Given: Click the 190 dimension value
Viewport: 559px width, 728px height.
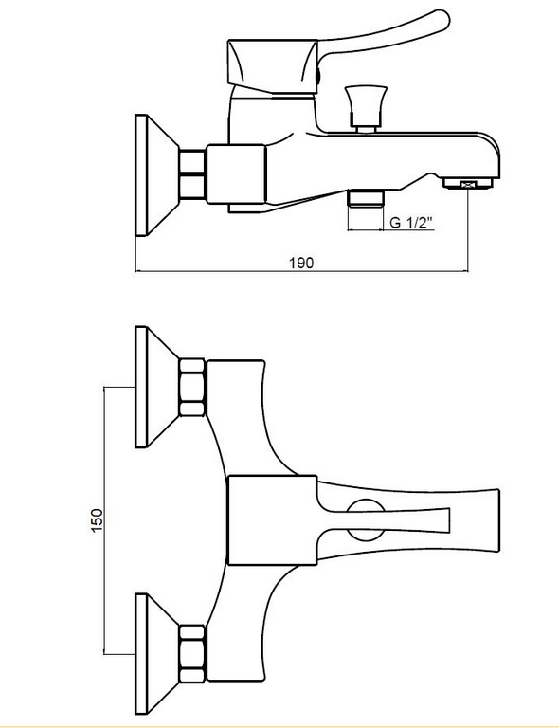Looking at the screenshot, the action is (301, 263).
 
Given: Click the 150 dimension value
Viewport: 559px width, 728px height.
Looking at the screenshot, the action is (97, 520).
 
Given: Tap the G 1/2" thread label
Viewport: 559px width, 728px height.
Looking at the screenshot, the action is (410, 223).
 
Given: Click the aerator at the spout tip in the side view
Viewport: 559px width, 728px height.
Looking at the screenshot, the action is (469, 183).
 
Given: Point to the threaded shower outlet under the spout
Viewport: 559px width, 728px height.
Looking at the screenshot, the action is (366, 198).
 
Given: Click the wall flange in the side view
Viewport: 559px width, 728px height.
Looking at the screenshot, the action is (156, 175).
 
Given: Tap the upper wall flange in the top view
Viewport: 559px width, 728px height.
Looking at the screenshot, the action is (156, 387).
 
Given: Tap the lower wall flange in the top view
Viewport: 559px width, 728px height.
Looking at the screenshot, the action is (156, 654).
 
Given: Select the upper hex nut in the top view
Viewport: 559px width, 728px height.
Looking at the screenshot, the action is (192, 387).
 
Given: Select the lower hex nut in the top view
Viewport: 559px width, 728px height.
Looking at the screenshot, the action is (192, 654).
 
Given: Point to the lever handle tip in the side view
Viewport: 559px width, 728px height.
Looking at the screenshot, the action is (443, 20).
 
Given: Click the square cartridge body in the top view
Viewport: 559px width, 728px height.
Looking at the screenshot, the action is (272, 520).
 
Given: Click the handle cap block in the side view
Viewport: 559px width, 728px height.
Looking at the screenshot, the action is (273, 67).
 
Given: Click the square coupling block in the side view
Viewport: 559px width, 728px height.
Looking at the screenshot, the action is (236, 174).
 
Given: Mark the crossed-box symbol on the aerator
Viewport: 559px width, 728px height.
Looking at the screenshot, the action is (469, 184).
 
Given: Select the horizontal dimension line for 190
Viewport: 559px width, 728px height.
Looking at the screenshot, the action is (301, 271).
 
